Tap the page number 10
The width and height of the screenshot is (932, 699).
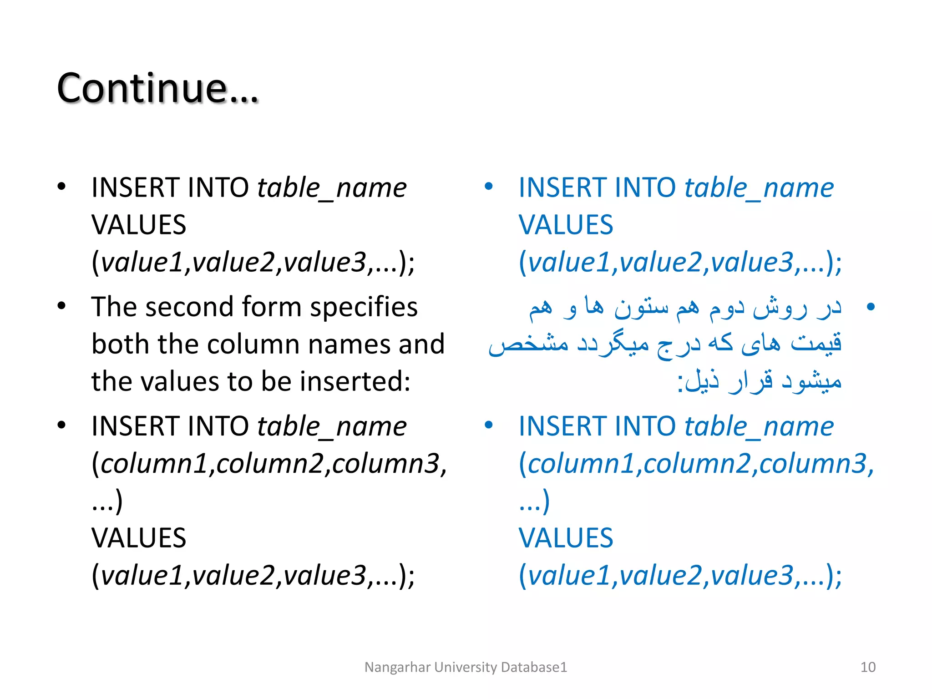click(867, 667)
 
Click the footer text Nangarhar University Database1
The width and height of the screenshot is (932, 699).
click(466, 667)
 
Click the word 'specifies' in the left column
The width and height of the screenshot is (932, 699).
click(364, 308)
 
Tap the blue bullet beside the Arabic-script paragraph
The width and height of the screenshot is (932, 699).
click(871, 307)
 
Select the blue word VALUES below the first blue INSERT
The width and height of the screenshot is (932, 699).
click(566, 225)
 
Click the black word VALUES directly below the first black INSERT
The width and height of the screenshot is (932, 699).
click(139, 225)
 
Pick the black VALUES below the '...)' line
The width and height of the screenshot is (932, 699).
click(139, 538)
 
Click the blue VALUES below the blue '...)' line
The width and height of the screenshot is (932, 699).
click(566, 538)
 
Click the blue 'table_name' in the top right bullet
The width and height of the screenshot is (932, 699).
click(759, 188)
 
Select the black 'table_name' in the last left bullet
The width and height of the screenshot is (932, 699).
click(332, 427)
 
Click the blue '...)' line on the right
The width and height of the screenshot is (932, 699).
click(534, 501)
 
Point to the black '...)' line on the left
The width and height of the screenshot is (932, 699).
click(107, 501)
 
